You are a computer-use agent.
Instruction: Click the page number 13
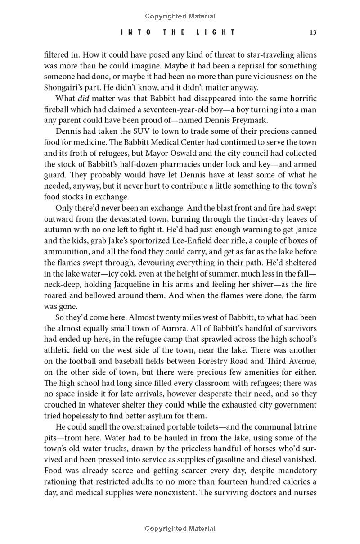click(313, 32)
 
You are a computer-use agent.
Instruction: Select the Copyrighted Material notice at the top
click(180, 16)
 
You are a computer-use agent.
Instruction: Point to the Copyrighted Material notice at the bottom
click(180, 529)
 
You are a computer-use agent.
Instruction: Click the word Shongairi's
click(65, 87)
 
